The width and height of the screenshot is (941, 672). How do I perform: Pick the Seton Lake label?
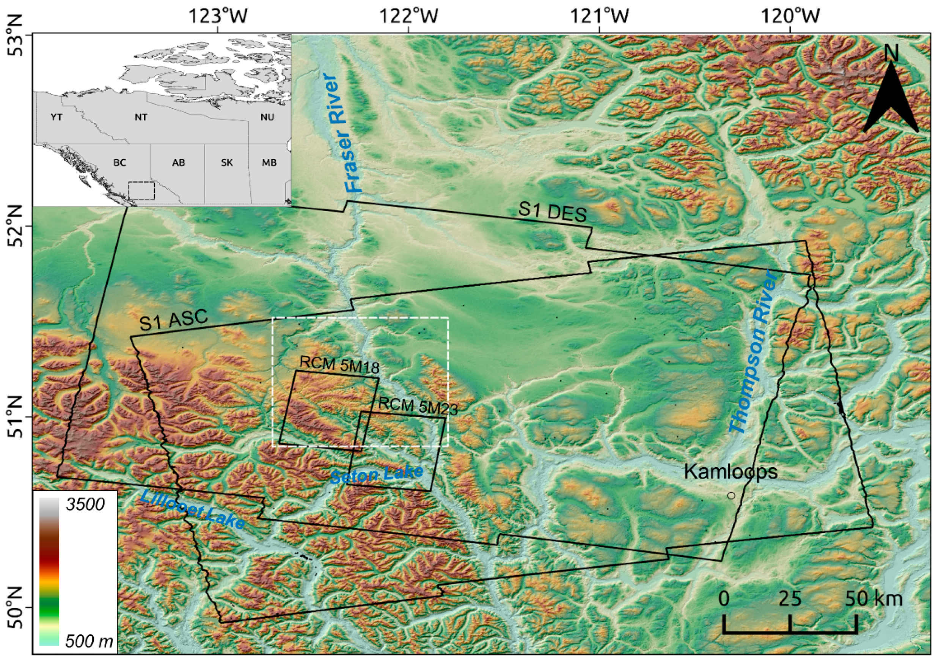[x=377, y=474]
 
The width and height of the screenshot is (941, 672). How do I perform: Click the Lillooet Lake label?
[x=192, y=509]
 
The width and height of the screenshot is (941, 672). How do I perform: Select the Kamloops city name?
[x=731, y=471]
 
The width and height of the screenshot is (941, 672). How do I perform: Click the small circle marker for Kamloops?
[x=731, y=495]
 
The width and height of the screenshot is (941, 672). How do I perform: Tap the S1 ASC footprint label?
[x=173, y=320]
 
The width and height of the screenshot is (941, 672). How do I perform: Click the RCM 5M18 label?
[x=339, y=364]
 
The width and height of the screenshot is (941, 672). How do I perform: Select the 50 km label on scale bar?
[x=873, y=598]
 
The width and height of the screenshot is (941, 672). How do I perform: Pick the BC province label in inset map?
[x=119, y=163]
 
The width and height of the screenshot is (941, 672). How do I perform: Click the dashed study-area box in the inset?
[x=141, y=191]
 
